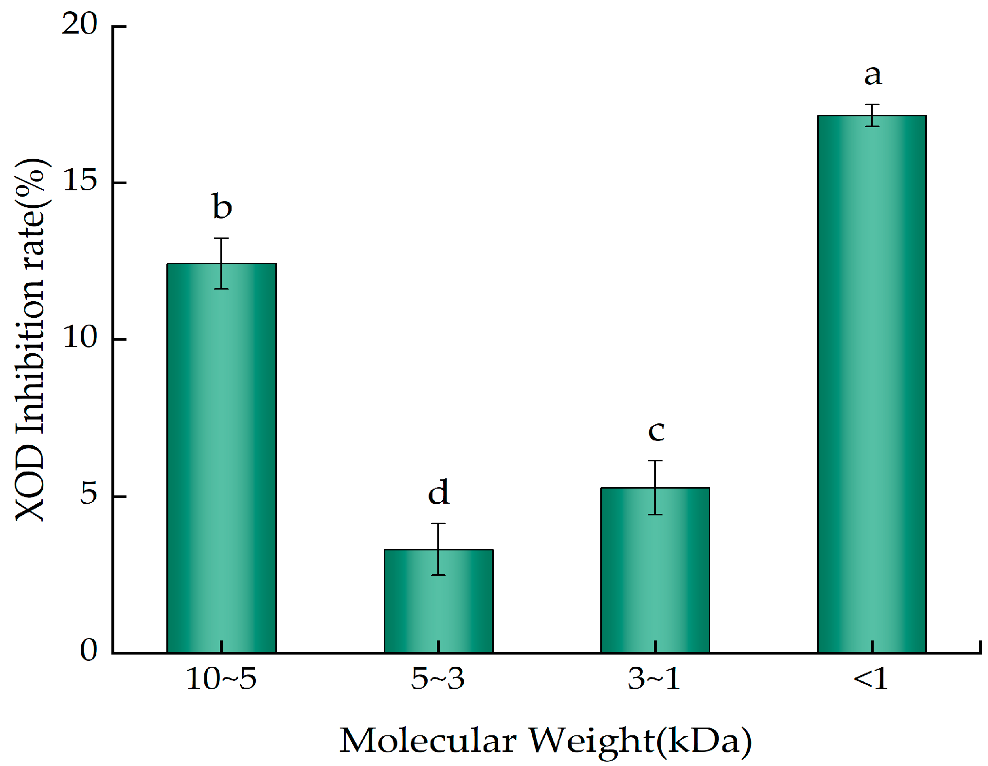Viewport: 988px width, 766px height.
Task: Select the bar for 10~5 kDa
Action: (221, 457)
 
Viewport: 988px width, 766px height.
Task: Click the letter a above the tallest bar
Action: (873, 75)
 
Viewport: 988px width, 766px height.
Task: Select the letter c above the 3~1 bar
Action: (656, 431)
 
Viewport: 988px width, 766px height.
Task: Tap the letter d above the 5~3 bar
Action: (438, 492)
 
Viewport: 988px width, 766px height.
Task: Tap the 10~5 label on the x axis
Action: (221, 678)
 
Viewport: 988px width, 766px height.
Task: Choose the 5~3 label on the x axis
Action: (438, 678)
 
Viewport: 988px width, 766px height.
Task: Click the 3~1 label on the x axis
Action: (654, 678)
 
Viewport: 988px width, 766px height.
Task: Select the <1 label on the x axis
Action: (871, 678)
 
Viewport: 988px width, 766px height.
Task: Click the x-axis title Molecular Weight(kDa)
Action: (545, 741)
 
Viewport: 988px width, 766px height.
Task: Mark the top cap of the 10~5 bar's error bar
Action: (221, 238)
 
